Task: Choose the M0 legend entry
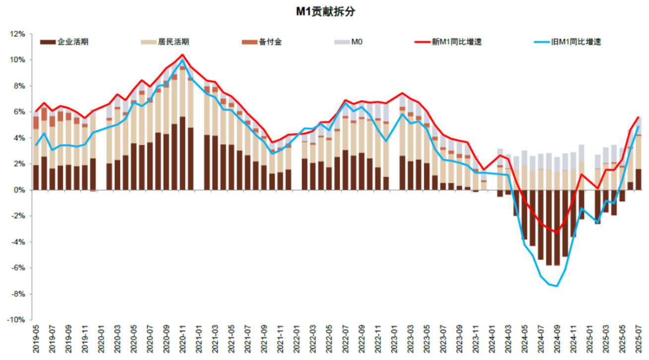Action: (x=357, y=42)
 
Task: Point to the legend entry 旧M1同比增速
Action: (x=576, y=42)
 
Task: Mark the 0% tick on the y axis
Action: (x=19, y=190)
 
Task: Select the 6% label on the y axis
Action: (x=19, y=112)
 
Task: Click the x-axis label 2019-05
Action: (x=36, y=340)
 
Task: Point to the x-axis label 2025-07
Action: (x=639, y=340)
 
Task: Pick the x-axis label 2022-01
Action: (x=296, y=340)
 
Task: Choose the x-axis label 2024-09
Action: (x=557, y=340)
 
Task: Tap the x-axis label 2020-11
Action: (x=183, y=340)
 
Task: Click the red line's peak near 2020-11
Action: (x=183, y=55)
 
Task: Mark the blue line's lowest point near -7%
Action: (x=557, y=286)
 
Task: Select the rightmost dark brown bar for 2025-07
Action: (x=639, y=180)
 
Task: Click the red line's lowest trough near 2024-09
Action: (x=557, y=233)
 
